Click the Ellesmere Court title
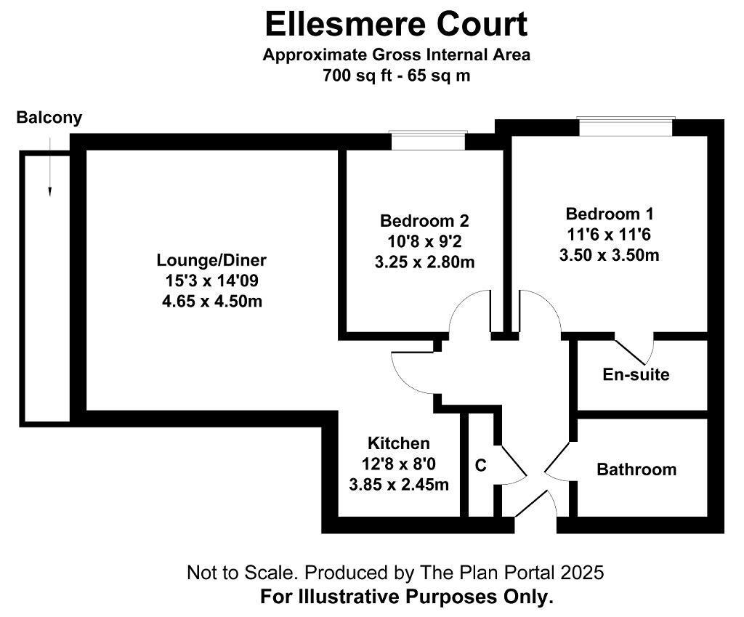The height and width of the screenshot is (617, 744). pyautogui.click(x=396, y=25)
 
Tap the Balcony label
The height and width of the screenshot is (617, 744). pyautogui.click(x=49, y=118)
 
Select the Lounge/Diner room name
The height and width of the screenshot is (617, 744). pyautogui.click(x=211, y=260)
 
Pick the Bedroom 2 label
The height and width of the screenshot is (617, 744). pyautogui.click(x=425, y=221)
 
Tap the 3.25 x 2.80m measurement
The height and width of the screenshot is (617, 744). pyautogui.click(x=425, y=262)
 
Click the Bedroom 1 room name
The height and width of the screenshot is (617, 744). pyautogui.click(x=610, y=214)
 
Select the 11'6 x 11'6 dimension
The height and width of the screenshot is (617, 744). pyautogui.click(x=610, y=235)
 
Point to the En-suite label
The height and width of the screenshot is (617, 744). pyautogui.click(x=636, y=375)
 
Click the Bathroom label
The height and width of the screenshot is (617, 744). pyautogui.click(x=636, y=469)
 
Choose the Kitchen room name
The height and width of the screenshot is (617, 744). pyautogui.click(x=398, y=443)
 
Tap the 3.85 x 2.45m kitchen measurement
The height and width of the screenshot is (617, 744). pyautogui.click(x=398, y=484)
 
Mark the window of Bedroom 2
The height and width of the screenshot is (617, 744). pyautogui.click(x=427, y=140)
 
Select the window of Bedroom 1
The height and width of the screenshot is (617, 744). pyautogui.click(x=627, y=126)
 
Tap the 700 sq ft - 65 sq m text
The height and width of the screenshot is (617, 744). pyautogui.click(x=396, y=75)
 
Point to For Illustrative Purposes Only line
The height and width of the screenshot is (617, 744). pyautogui.click(x=407, y=597)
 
